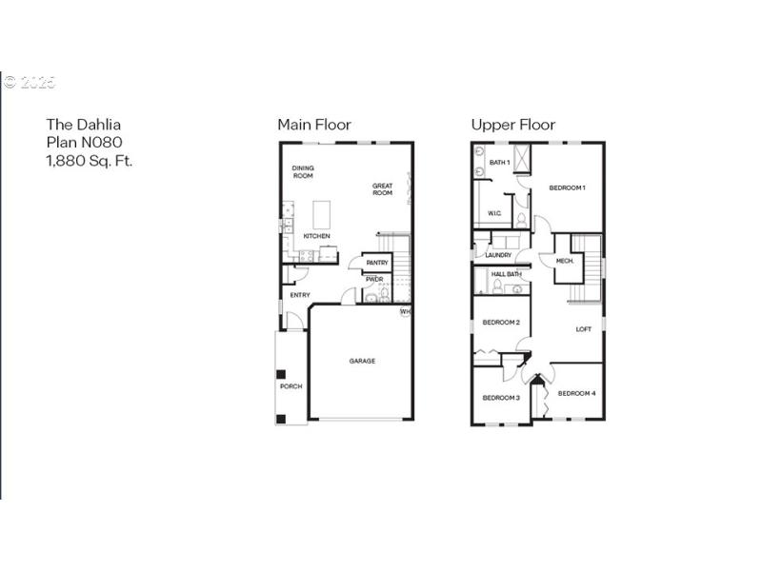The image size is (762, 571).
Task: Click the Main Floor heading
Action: pos(313,125)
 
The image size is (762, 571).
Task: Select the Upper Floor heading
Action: pos(512,125)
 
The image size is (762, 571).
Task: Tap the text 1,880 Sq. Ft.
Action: pos(90,161)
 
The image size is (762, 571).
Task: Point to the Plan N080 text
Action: pos(84,143)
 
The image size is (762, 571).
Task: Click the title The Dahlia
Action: pos(84,125)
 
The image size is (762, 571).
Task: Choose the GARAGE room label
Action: pos(362,361)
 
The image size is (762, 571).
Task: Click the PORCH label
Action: pos(291,386)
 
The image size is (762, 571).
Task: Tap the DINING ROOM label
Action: pos(303,172)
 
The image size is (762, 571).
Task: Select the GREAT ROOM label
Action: pos(382,189)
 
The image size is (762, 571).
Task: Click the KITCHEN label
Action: pos(317,236)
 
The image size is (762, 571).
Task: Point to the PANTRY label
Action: pos(376,263)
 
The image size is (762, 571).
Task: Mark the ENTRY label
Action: pos(300,295)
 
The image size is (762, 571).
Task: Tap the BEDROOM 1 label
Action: pos(567,187)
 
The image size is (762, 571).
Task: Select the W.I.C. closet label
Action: pos(494,213)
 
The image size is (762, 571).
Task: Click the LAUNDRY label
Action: pos(498,255)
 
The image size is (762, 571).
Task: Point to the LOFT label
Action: pos(583,329)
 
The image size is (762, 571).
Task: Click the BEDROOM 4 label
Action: pos(576,393)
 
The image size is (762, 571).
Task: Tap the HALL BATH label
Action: pos(506,275)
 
